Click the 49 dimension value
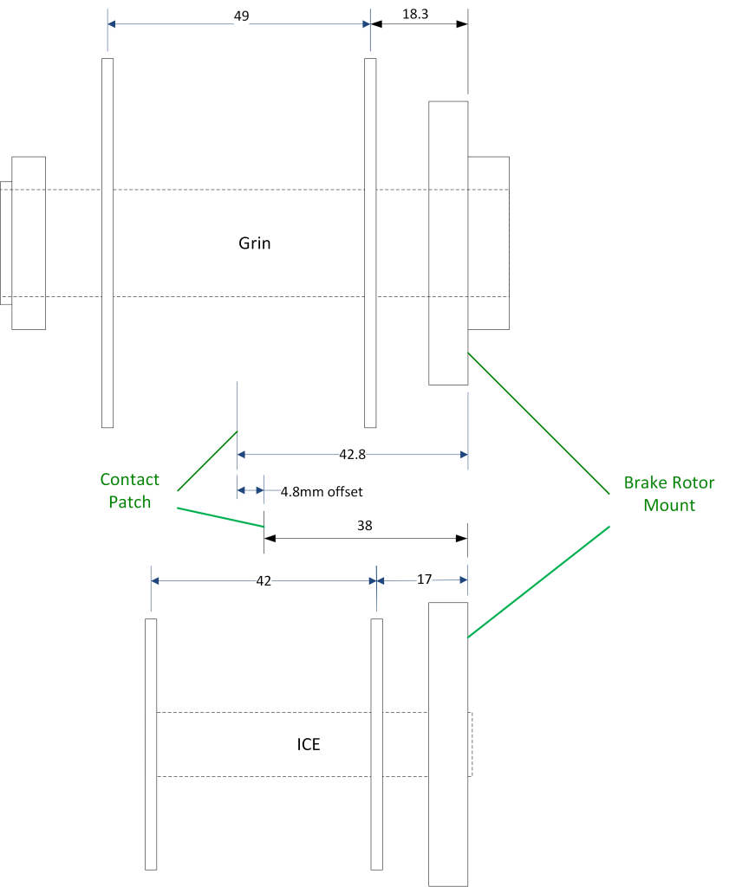(242, 16)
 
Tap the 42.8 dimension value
(353, 453)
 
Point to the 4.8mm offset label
(322, 492)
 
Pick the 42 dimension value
(264, 581)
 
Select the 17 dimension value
(424, 579)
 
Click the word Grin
(255, 243)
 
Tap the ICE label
(309, 744)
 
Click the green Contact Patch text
(129, 491)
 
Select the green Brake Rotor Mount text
(669, 494)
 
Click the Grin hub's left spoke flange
(107, 243)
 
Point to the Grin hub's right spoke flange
(370, 243)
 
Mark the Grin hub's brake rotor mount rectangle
(448, 243)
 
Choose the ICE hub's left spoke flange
(151, 744)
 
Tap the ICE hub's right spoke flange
(377, 744)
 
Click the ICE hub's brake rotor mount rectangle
(448, 744)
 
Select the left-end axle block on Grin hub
(29, 243)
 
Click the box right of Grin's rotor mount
(489, 243)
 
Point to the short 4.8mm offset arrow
(251, 490)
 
